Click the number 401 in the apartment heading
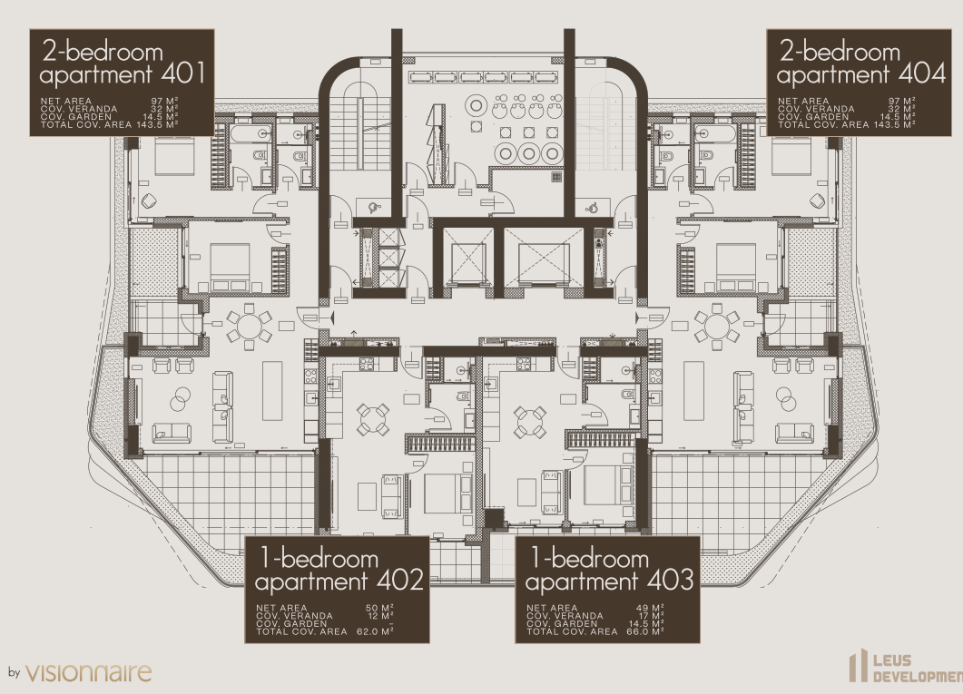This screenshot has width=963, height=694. pos(182,73)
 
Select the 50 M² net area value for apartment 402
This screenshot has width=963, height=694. pos(379,608)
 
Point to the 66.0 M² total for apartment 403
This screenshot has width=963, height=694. pos(645,631)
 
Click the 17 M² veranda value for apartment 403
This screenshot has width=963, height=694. pos(652,616)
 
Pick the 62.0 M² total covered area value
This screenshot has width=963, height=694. pos(375,631)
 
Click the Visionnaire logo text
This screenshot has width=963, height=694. pos(88,672)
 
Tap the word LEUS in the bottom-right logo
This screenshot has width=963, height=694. pos(892,660)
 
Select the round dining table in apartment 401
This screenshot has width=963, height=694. pos(249,327)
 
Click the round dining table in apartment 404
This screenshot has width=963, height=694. pos(716,327)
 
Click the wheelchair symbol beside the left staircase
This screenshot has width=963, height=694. pos(375,208)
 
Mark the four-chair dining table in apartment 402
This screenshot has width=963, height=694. pos(373,420)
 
